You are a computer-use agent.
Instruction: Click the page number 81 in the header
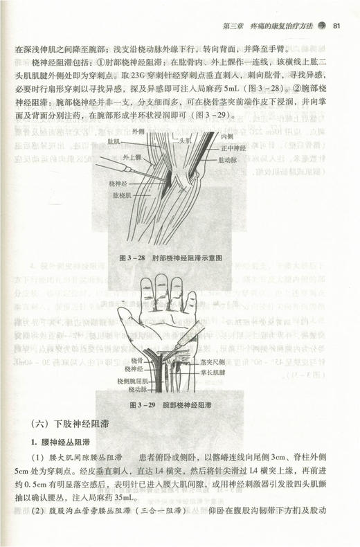335,27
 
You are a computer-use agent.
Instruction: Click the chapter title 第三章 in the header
234,27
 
